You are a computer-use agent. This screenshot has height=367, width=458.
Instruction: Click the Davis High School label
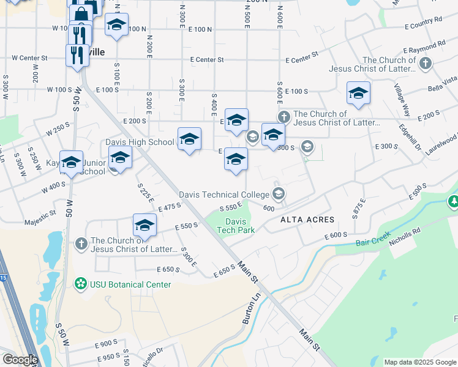click(140, 143)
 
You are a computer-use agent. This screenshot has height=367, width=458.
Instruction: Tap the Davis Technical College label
click(223, 195)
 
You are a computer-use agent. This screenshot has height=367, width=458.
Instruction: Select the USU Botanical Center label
click(130, 284)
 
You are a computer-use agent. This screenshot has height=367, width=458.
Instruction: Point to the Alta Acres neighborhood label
click(307, 220)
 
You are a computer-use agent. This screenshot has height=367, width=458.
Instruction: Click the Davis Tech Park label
click(235, 226)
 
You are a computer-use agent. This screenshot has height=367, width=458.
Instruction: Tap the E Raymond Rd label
click(424, 46)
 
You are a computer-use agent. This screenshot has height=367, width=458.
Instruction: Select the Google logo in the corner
click(20, 360)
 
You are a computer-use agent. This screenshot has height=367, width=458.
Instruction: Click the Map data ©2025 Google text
click(420, 362)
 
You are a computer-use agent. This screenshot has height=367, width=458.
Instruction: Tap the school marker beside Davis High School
click(189, 139)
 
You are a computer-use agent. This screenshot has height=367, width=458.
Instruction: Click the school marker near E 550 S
click(145, 225)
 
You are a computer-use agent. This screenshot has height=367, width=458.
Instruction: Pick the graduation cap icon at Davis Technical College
click(279, 195)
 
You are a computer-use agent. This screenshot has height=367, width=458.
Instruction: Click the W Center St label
click(29, 58)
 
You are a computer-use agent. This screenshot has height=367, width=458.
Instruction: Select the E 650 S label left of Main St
click(166, 269)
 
